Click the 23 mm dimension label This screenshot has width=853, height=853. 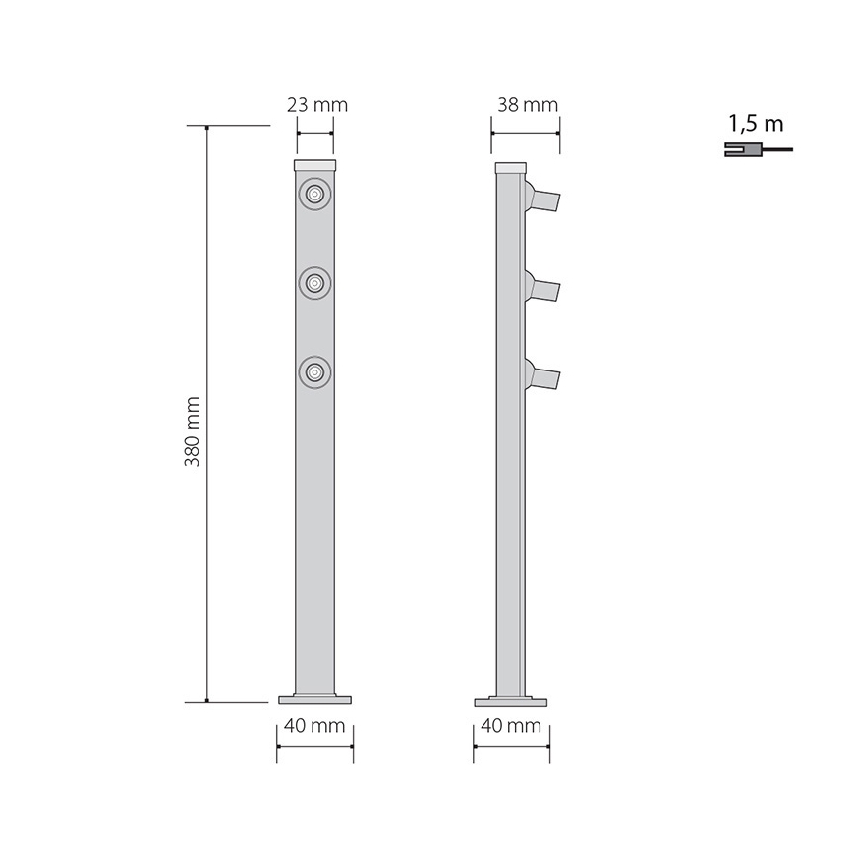point(316,105)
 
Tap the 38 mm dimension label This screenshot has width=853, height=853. point(527,105)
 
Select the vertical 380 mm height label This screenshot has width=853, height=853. point(193,431)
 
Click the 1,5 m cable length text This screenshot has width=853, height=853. point(756,124)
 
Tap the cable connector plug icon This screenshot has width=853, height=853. point(740,149)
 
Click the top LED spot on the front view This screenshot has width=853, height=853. point(314,196)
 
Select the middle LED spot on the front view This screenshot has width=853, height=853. point(314,284)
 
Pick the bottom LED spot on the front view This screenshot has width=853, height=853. point(314,372)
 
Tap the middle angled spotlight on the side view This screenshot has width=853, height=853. point(542,288)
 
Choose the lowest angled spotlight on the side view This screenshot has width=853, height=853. point(542,376)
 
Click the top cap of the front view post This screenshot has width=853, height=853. point(314,165)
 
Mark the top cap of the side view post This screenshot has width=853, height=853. point(509,167)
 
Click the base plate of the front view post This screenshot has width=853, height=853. point(314,700)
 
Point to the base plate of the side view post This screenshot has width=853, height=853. point(511,702)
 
